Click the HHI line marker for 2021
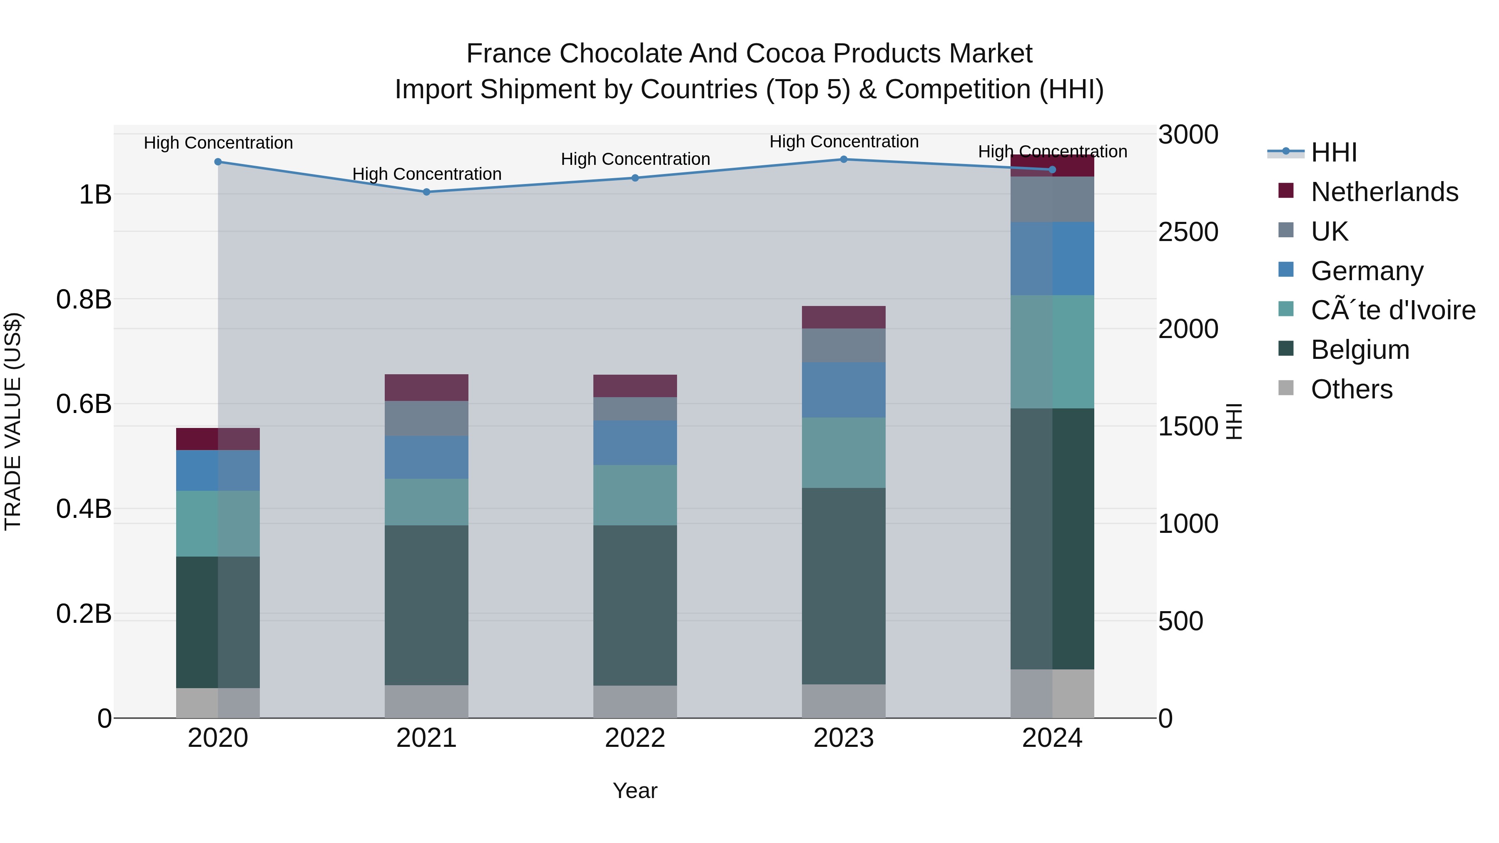tap(426, 192)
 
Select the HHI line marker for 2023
tap(844, 159)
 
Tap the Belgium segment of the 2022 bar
tap(635, 605)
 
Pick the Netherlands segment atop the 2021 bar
tap(426, 388)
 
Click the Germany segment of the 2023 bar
tap(844, 390)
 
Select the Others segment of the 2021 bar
tap(426, 701)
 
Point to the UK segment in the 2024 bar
tap(1052, 199)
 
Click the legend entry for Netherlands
tap(1384, 192)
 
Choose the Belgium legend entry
tap(1360, 350)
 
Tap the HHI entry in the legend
tap(1334, 152)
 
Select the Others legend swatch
tap(1286, 388)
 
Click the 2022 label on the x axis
tap(635, 738)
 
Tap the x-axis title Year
tap(635, 791)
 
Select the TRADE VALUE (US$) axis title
tap(13, 421)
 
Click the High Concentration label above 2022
tap(635, 159)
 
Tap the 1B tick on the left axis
tap(95, 194)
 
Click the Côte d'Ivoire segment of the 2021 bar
tap(426, 502)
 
